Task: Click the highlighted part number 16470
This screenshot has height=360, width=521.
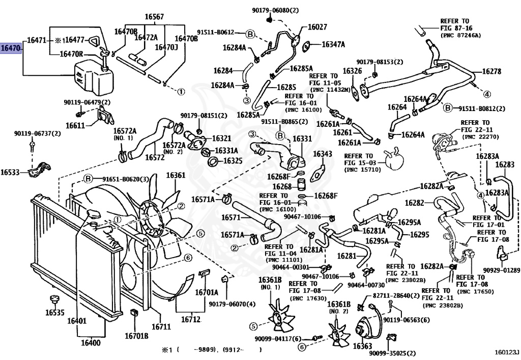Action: click(x=11, y=48)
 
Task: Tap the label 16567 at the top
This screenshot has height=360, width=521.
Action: click(x=154, y=17)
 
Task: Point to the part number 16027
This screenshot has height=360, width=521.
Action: click(x=317, y=26)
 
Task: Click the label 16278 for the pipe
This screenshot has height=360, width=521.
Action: click(x=491, y=71)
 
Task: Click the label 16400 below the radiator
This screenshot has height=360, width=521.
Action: click(x=91, y=342)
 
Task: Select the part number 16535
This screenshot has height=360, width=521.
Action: click(x=55, y=312)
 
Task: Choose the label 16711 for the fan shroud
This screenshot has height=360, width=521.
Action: click(x=161, y=327)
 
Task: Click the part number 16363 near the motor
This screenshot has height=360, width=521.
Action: click(x=362, y=346)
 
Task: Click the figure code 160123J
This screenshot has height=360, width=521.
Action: click(x=507, y=351)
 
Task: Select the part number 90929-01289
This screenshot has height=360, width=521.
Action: click(x=501, y=270)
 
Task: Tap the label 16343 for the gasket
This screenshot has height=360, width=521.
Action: click(x=322, y=154)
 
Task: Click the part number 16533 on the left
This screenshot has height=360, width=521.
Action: click(x=10, y=172)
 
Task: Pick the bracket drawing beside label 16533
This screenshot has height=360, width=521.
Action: click(x=39, y=170)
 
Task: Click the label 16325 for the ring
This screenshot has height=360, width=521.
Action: click(x=233, y=161)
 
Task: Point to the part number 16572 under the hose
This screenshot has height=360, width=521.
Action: click(x=155, y=157)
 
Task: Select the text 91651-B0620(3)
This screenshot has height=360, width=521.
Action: click(x=126, y=180)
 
